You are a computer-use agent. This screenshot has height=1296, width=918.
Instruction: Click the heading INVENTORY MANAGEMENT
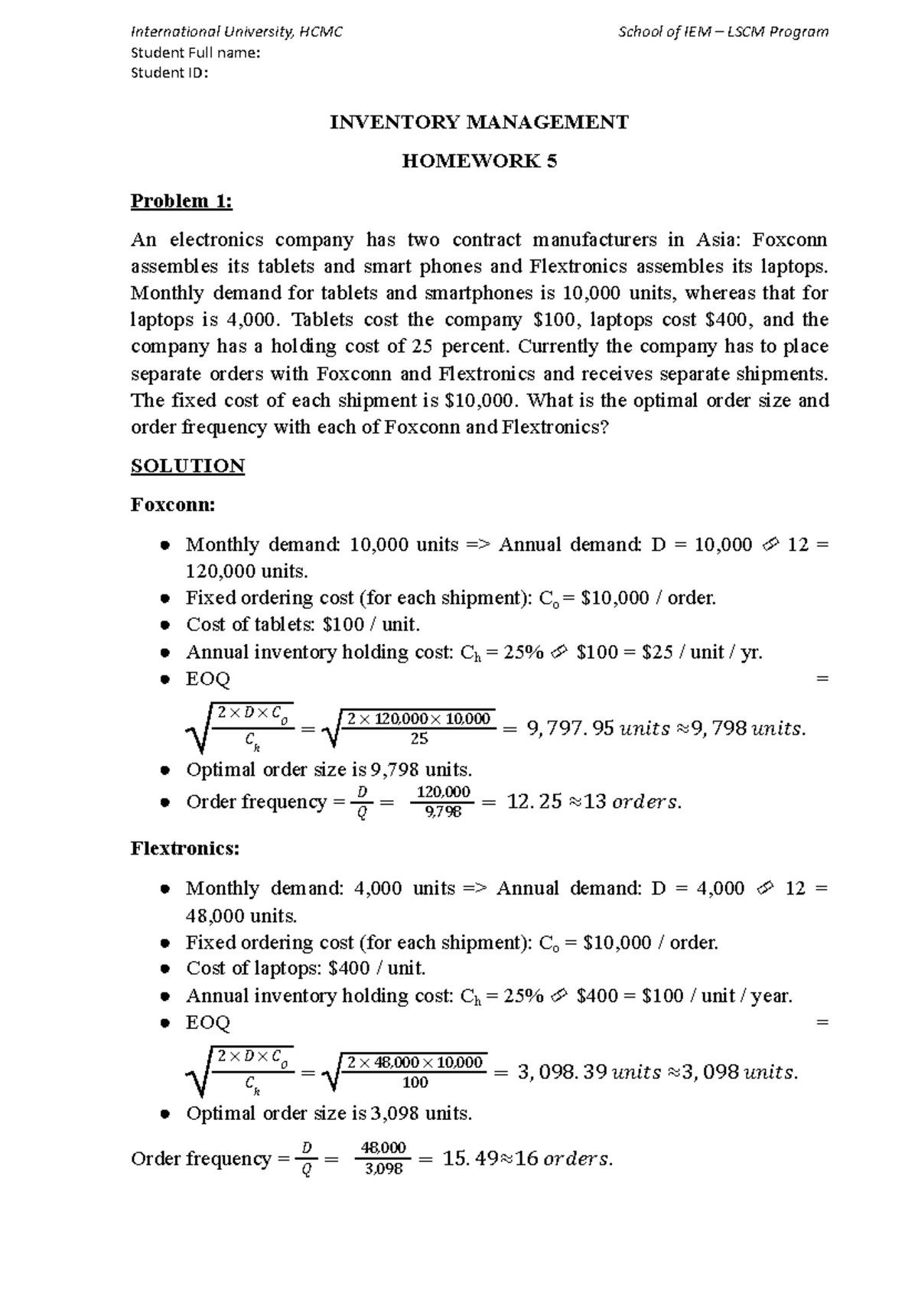click(x=479, y=122)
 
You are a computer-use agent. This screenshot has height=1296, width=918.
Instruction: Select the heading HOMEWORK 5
click(x=480, y=161)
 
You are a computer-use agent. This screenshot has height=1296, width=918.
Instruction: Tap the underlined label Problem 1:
click(x=181, y=201)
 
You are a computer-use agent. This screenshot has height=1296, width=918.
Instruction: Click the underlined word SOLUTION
click(x=187, y=466)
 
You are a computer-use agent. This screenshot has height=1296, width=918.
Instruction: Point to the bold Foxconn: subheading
click(x=173, y=505)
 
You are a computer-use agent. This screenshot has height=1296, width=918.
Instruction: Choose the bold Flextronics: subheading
click(x=185, y=848)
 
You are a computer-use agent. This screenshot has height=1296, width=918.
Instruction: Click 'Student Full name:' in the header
click(x=196, y=53)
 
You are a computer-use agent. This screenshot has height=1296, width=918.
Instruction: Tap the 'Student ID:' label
click(x=169, y=73)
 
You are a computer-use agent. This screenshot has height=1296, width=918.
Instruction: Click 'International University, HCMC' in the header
click(x=237, y=32)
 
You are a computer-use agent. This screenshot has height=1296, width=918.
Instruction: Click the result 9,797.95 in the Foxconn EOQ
click(x=570, y=729)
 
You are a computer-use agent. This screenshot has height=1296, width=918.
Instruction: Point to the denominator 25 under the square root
click(x=418, y=739)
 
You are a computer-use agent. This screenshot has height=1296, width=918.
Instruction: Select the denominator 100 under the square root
click(x=415, y=1083)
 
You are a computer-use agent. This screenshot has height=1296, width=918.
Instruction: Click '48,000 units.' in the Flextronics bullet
click(x=242, y=916)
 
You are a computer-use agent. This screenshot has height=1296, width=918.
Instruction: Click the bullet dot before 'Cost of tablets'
click(x=164, y=626)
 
